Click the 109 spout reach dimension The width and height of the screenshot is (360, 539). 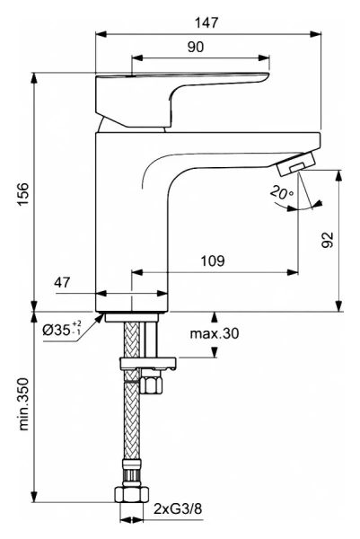[x=213, y=261]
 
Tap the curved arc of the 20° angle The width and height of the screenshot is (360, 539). [x=285, y=203]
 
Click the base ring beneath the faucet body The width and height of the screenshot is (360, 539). [x=133, y=316]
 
